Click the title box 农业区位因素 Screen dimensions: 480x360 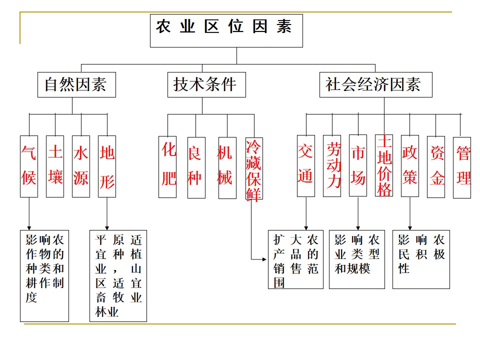click(x=226, y=30)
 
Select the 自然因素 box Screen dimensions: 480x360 click(x=76, y=85)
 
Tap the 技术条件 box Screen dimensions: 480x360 click(x=206, y=85)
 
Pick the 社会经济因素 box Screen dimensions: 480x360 click(x=376, y=85)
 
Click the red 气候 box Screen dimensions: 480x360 click(x=29, y=166)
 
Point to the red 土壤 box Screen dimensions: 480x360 click(x=55, y=166)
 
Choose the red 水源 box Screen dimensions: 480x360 click(x=81, y=166)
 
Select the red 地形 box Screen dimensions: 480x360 click(x=107, y=166)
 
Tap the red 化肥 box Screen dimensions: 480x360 click(x=167, y=167)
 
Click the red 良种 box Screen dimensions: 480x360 click(x=196, y=167)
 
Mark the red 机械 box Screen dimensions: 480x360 click(x=227, y=168)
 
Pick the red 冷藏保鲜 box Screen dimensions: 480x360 click(x=254, y=168)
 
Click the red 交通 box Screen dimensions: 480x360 click(x=306, y=166)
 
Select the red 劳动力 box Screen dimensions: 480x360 click(x=332, y=166)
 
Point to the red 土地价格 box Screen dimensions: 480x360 click(x=384, y=165)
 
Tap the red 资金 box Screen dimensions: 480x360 click(x=436, y=167)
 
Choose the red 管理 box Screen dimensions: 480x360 click(x=462, y=167)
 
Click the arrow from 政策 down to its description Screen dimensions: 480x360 click(x=410, y=213)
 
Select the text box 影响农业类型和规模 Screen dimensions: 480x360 click(x=357, y=259)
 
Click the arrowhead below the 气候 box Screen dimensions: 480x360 click(x=29, y=228)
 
